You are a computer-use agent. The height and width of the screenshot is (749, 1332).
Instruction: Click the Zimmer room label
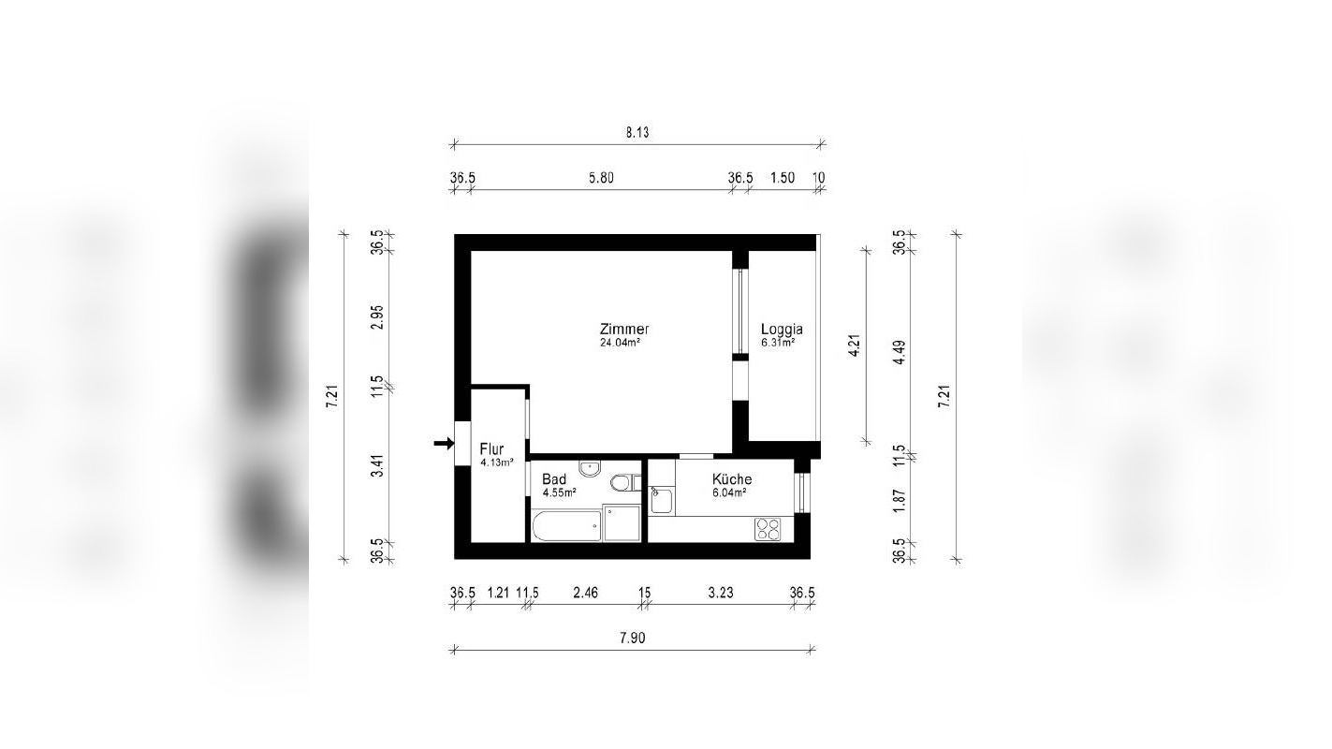pyautogui.click(x=624, y=330)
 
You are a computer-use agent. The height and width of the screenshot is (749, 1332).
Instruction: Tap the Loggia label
pyautogui.click(x=781, y=330)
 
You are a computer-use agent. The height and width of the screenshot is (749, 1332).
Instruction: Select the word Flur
pyautogui.click(x=491, y=449)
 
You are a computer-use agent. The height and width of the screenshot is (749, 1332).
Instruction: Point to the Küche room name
pyautogui.click(x=731, y=479)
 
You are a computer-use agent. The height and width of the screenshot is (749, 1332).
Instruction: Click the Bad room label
pyautogui.click(x=553, y=479)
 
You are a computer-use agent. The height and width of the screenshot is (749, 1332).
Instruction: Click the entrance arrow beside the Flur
pyautogui.click(x=443, y=443)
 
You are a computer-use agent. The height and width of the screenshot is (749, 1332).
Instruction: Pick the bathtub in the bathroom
pyautogui.click(x=566, y=525)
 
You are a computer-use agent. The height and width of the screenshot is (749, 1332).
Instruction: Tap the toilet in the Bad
pyautogui.click(x=622, y=483)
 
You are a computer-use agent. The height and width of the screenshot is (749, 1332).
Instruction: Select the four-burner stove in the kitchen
pyautogui.click(x=768, y=529)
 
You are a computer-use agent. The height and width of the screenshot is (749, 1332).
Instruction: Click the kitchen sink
pyautogui.click(x=662, y=501)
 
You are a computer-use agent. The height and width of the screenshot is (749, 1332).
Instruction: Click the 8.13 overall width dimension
pyautogui.click(x=637, y=133)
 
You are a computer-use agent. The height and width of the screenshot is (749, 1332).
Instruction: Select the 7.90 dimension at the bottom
pyautogui.click(x=633, y=639)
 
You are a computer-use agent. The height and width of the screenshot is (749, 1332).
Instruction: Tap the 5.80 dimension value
pyautogui.click(x=600, y=178)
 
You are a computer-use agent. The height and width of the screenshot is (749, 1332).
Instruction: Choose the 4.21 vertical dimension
pyautogui.click(x=853, y=344)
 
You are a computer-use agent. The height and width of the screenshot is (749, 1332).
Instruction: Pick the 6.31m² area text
pyautogui.click(x=778, y=344)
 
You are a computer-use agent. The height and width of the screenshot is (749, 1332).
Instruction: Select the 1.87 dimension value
pyautogui.click(x=900, y=502)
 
